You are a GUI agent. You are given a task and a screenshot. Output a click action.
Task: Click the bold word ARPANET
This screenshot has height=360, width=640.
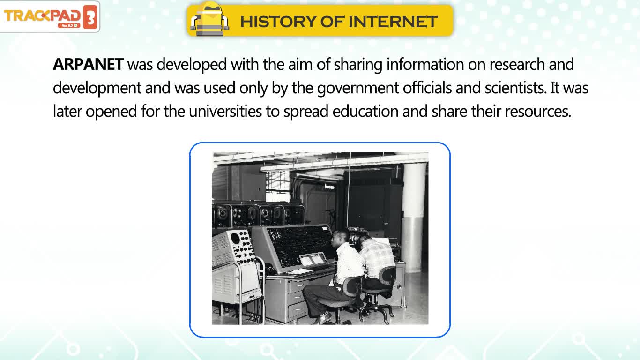coord(88,64)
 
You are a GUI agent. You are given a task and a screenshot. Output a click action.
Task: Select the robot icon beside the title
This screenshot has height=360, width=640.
coord(210,19)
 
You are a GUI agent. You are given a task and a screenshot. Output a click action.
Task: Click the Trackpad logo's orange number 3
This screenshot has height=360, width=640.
coord(90,17)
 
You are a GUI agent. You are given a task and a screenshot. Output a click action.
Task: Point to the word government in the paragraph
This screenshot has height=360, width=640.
coord(358,88)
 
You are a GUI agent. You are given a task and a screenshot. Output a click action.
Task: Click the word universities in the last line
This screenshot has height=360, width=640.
coord(225,111)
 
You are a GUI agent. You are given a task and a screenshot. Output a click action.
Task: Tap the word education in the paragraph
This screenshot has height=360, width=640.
coord(365,111)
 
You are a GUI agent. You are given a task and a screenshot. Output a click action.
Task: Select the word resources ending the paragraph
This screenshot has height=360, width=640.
coord(538,112)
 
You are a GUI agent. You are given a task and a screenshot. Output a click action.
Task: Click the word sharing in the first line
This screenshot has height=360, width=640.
coord(358,65)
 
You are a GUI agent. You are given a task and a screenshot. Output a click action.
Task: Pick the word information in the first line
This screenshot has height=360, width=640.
coord(425,64)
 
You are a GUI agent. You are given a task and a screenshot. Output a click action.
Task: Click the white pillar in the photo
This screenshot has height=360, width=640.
coord(413,217)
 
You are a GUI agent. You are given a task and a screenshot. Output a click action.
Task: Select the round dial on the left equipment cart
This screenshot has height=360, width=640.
coord(235,238)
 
